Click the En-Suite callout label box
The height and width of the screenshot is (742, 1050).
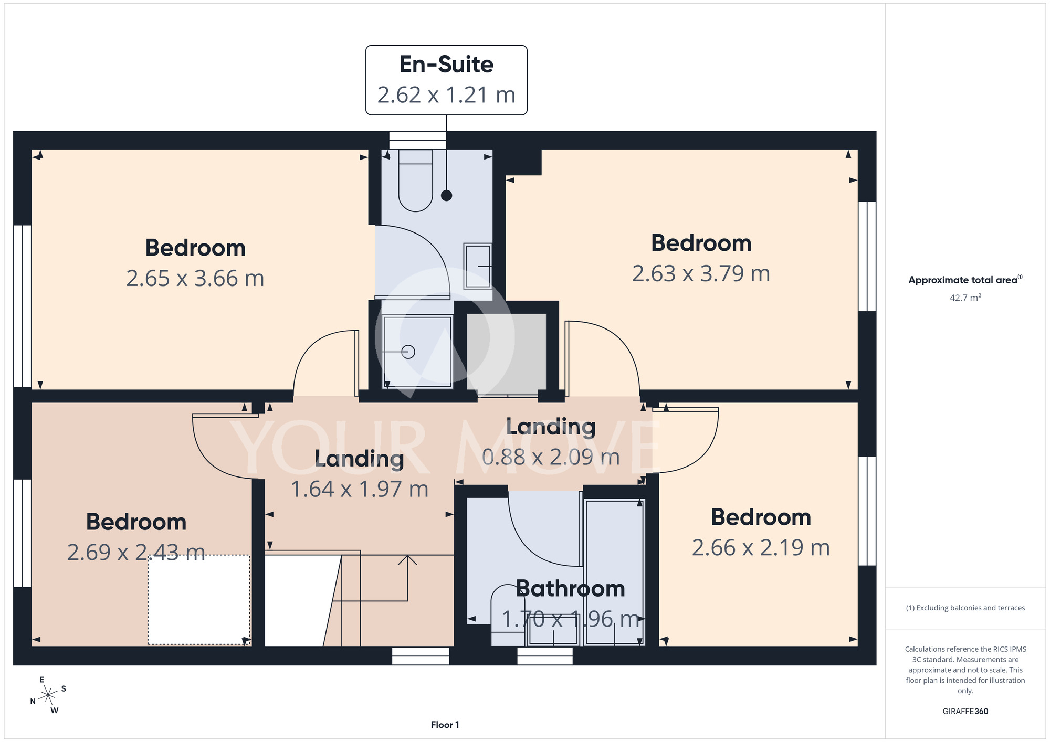pos(446,80)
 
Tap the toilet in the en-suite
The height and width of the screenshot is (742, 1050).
pos(416,181)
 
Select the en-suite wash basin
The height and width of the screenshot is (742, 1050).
pos(478,266)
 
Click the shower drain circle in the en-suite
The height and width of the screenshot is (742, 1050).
pos(408,352)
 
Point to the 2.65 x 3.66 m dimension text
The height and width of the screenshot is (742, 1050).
pos(195,279)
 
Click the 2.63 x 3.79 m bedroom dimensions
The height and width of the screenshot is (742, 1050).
pos(701,274)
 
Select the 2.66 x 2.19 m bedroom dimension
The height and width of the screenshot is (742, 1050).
pos(761,548)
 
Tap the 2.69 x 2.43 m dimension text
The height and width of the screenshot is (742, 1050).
pos(136,553)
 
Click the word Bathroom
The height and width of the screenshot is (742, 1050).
pos(571,589)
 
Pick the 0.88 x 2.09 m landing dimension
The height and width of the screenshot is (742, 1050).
pos(551,457)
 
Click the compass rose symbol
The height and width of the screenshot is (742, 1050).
pos(48,695)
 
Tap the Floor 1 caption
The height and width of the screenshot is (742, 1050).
pos(445,725)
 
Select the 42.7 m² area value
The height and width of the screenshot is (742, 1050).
pos(965,298)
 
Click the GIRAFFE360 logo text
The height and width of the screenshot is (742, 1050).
pos(965,712)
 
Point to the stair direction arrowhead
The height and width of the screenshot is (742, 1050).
pos(407,559)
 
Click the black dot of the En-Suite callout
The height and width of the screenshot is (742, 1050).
pos(446,196)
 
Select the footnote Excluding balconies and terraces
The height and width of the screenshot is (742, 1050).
pos(965,608)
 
